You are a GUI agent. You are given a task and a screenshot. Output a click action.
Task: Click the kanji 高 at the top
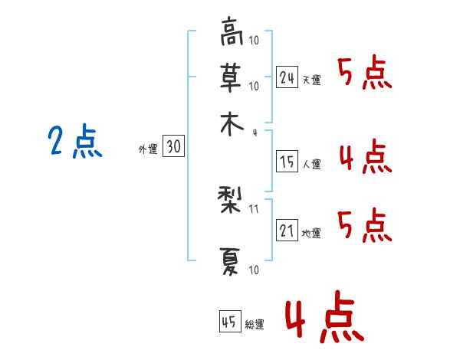232,31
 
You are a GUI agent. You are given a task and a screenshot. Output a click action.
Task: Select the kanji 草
232,78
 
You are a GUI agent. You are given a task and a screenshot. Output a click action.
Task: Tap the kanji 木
232,125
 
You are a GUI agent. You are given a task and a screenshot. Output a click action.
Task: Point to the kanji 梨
230,201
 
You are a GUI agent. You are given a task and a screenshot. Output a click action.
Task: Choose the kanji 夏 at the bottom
231,262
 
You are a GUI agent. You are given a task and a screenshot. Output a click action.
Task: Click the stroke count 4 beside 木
255,133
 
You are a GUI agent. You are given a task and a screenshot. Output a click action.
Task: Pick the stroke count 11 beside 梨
254,209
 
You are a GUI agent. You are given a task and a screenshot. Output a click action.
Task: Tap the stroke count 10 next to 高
254,40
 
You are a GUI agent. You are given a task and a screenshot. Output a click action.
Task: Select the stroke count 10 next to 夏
254,270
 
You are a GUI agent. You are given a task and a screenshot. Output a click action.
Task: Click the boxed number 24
287,77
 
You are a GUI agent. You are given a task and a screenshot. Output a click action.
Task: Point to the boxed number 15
287,162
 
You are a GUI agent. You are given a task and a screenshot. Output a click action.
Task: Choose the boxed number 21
287,230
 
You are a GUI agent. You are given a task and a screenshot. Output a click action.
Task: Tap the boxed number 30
174,146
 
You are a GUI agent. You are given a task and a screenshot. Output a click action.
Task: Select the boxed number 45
230,321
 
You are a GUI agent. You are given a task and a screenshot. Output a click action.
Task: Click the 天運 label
312,80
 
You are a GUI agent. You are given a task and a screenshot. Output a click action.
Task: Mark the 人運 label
312,164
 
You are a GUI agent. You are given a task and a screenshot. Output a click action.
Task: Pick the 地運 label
311,234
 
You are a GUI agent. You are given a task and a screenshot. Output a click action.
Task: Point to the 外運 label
148,149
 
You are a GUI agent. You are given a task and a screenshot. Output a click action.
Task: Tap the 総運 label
255,325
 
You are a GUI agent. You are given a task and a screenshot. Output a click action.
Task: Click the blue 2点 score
75,141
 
